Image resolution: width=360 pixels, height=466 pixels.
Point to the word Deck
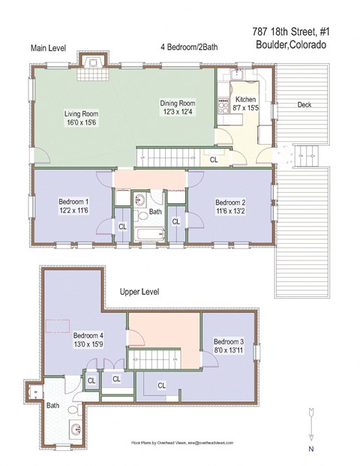pyautogui.click(x=304, y=104)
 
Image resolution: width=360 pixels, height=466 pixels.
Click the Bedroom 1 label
pyautogui.click(x=74, y=202)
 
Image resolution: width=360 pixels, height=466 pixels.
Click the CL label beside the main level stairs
pyautogui.click(x=214, y=160)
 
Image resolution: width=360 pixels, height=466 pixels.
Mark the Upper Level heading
pyautogui.click(x=140, y=292)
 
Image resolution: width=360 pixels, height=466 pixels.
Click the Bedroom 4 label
pyautogui.click(x=88, y=335)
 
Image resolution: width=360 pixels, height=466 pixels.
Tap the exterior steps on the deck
pyautogui.click(x=305, y=155)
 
